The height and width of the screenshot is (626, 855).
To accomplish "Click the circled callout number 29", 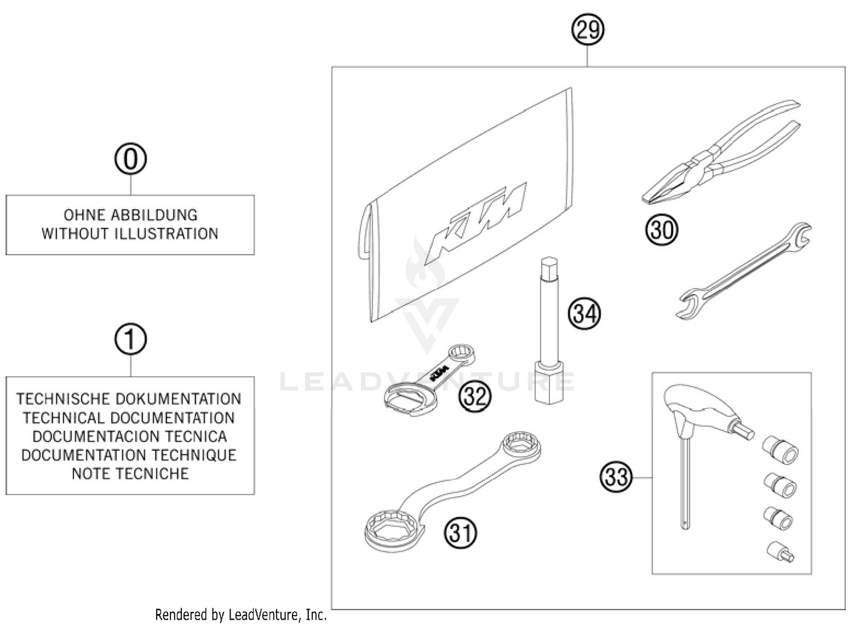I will [588, 30].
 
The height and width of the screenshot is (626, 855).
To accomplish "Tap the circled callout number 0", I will [131, 159].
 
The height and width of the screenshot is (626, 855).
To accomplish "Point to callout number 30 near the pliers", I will [661, 230].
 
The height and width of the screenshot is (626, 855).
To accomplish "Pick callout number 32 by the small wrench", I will [475, 396].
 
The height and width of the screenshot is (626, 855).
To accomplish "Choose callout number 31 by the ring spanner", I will [461, 533].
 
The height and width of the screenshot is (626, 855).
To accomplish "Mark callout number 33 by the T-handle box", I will [616, 477].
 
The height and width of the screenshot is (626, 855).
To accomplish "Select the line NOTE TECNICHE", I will [130, 474].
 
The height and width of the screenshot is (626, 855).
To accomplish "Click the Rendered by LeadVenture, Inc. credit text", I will [241, 615].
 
